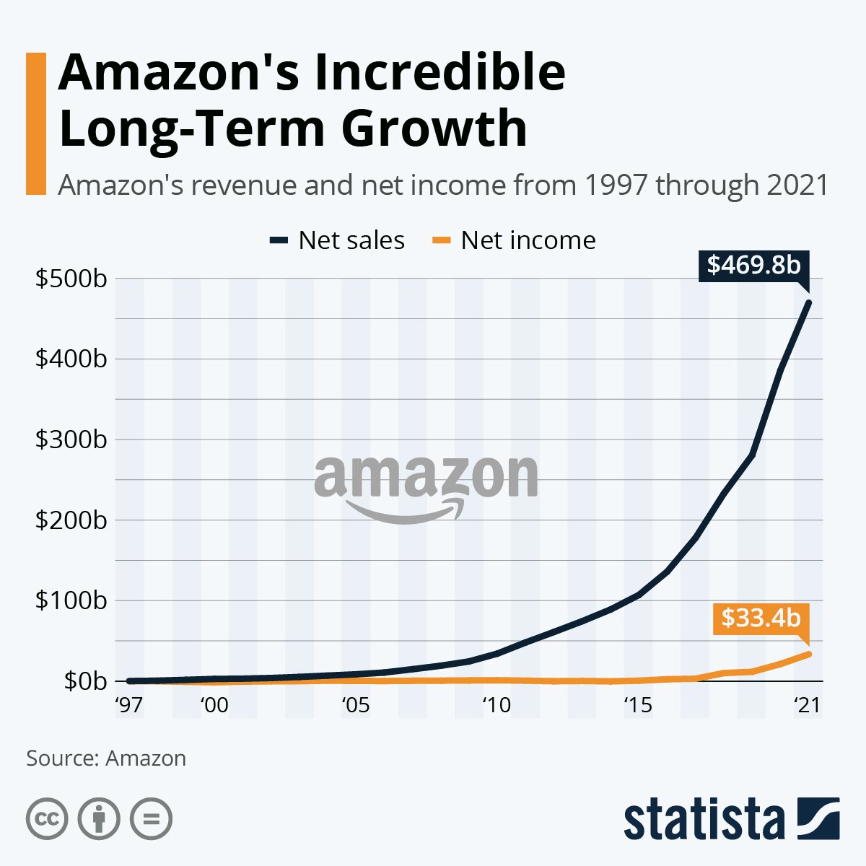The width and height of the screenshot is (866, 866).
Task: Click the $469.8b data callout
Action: [754, 265]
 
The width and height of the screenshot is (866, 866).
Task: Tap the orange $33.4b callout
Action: [761, 618]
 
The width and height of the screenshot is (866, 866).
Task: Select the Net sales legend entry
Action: [337, 240]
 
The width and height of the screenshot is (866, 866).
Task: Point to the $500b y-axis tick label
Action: [70, 279]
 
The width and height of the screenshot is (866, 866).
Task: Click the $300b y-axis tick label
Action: [70, 439]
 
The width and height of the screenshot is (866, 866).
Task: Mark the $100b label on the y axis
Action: [70, 600]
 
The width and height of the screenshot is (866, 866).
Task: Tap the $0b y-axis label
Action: [85, 681]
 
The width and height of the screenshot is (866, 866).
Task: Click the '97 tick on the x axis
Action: [128, 704]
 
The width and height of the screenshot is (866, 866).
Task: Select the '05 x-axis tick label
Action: [355, 704]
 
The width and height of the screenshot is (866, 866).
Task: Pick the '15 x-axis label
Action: [638, 704]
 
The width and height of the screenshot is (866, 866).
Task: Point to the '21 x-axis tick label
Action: [808, 704]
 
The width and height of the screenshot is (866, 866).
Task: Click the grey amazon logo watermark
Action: [426, 487]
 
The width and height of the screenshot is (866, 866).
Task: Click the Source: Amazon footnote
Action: [106, 758]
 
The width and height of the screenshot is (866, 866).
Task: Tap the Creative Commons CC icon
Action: [47, 819]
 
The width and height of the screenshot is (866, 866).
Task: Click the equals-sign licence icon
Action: [151, 819]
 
